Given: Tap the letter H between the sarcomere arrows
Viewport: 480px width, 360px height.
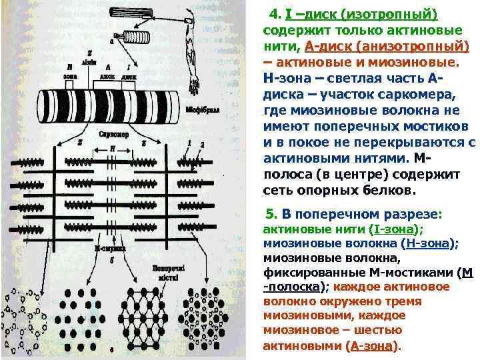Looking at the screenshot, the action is click(112, 146).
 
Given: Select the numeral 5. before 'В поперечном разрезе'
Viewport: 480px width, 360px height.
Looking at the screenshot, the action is click(270, 214).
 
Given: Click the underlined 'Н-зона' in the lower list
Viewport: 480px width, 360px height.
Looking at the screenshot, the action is click(431, 244).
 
